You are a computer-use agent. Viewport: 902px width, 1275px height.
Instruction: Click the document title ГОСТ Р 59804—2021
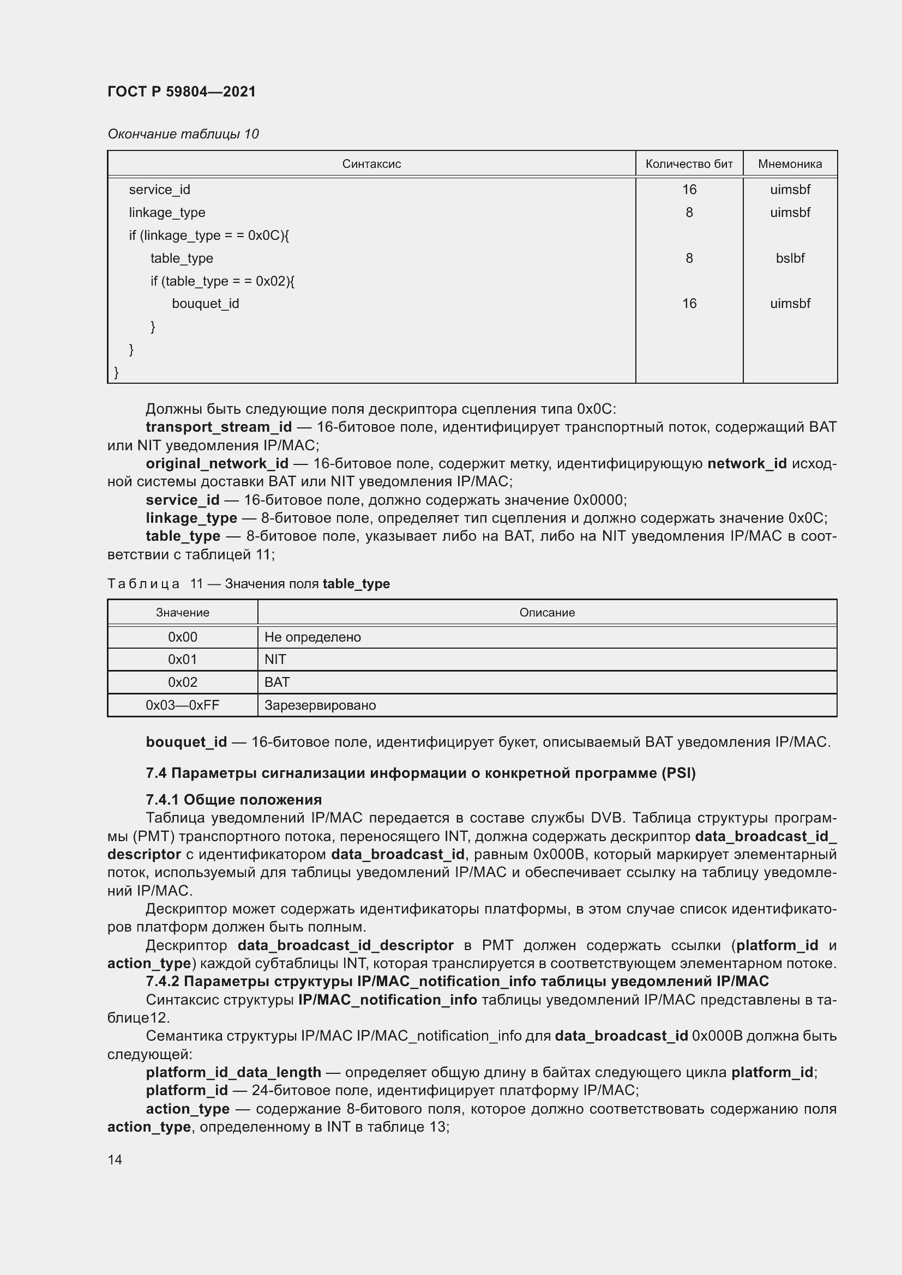(x=182, y=92)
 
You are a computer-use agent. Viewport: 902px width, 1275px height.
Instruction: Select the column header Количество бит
(x=689, y=164)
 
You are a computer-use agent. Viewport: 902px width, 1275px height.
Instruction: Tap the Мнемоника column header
(x=789, y=164)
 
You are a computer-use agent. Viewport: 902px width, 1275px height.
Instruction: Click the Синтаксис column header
(x=371, y=164)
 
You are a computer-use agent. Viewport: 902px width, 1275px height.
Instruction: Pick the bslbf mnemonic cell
(x=789, y=258)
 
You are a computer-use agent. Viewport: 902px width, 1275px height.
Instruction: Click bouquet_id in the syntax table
(x=205, y=304)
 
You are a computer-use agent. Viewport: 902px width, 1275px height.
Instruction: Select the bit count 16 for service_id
(x=689, y=190)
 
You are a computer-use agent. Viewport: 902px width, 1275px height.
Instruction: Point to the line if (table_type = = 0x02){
(x=222, y=281)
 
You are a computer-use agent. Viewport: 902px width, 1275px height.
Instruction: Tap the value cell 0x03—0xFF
(x=182, y=705)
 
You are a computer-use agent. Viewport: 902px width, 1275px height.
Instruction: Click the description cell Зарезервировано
(x=320, y=705)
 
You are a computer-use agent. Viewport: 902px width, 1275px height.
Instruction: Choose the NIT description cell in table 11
(x=275, y=660)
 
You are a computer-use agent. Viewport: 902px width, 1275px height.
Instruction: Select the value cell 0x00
(x=182, y=637)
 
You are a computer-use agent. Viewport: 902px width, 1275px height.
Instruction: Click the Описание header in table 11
(x=546, y=613)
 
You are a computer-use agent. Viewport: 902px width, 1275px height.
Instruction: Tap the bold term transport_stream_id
(x=218, y=427)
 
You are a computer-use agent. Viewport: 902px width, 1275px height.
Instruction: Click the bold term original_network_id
(x=217, y=464)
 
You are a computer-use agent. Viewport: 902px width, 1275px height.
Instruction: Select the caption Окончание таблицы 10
(x=183, y=134)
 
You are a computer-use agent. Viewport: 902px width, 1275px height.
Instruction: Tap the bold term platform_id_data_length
(x=233, y=1072)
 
